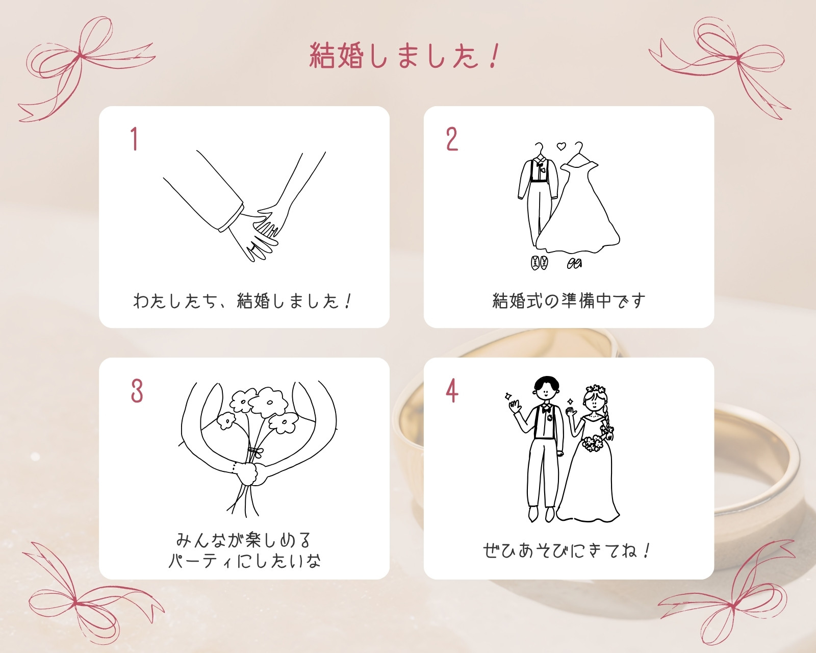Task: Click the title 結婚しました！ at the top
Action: (x=404, y=56)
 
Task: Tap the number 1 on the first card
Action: (x=134, y=139)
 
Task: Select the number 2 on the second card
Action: (x=452, y=139)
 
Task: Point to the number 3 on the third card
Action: (x=137, y=391)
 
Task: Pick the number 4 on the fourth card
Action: (x=452, y=391)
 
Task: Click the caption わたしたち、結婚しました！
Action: (x=243, y=302)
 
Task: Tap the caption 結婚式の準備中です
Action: (x=569, y=301)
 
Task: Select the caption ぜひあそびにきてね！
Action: (x=567, y=550)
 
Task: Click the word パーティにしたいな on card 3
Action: (x=245, y=561)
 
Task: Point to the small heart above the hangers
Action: (x=561, y=146)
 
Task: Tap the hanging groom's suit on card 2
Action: (x=538, y=197)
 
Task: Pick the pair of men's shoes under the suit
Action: (x=539, y=263)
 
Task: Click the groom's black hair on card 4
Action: (x=546, y=383)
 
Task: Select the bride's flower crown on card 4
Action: (x=595, y=389)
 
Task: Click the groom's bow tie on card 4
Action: (x=546, y=410)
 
